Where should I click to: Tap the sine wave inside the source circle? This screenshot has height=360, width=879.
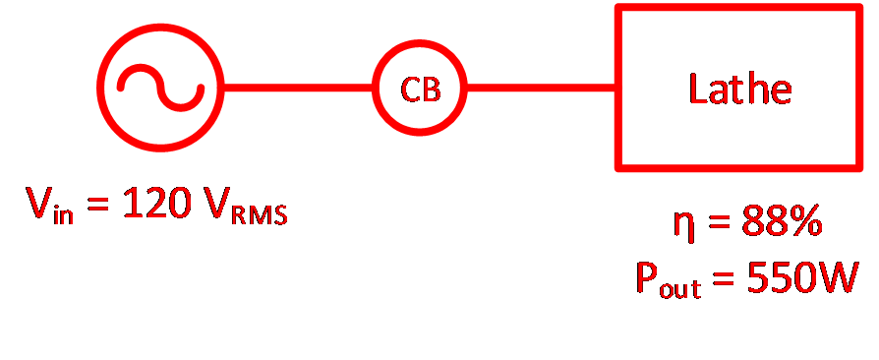(x=161, y=88)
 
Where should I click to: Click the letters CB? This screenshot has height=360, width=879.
(x=421, y=89)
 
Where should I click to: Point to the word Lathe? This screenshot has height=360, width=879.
(x=740, y=90)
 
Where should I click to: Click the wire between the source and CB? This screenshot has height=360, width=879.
(x=298, y=88)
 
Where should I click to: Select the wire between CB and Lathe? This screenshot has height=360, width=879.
(x=542, y=88)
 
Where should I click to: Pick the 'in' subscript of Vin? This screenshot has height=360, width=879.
(x=63, y=213)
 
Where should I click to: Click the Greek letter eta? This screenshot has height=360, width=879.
(x=685, y=226)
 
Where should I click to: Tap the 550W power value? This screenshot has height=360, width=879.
(x=802, y=277)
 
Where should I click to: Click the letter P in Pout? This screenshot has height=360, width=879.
(x=646, y=277)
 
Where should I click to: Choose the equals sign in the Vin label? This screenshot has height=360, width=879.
(x=98, y=204)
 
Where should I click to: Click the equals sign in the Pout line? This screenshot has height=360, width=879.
(x=725, y=278)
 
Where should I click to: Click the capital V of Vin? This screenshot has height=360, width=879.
(x=39, y=203)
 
